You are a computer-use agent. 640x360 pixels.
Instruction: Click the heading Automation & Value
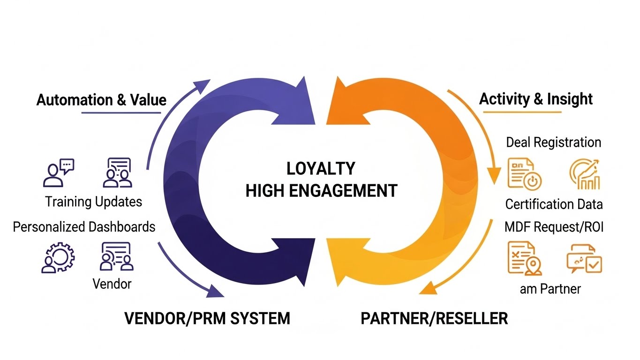point(101,100)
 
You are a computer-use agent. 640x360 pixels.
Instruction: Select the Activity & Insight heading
point(536,99)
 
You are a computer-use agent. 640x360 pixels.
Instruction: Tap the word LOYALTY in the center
point(321,169)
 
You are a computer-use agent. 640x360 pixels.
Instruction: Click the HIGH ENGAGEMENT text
point(321,191)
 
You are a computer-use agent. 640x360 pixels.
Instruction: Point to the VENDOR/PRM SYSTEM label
point(207,318)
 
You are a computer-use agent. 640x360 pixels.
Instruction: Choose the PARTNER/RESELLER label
point(434,318)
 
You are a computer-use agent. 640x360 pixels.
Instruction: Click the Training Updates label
point(93,202)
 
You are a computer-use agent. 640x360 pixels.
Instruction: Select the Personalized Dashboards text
point(84,227)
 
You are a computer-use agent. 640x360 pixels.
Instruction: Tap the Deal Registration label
point(553,142)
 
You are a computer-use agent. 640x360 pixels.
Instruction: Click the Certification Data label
point(554,204)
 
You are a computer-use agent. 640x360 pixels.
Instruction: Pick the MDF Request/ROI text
point(554,227)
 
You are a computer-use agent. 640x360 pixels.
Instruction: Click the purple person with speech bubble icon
point(58,172)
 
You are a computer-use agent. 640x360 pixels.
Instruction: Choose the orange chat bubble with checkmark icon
point(584,258)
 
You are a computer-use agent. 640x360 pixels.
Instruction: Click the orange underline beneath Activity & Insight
point(522,112)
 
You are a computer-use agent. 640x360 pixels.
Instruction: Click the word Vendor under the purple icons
point(112,284)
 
